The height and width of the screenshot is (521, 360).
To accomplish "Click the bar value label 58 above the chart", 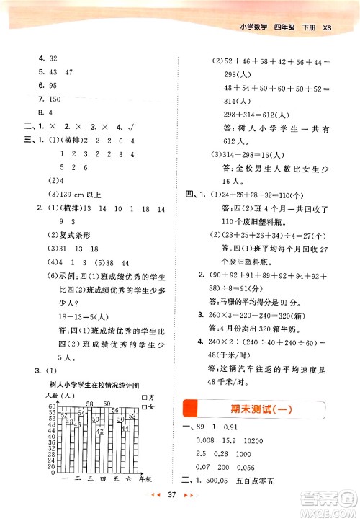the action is pyautogui.click(x=90, y=404).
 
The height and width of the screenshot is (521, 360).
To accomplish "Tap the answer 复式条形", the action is pyautogui.click(x=75, y=236).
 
